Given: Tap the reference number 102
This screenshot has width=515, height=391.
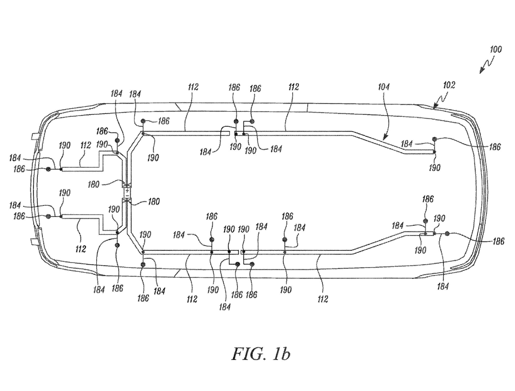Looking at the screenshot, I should click(449, 85).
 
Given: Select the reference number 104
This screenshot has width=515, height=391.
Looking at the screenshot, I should click(384, 87).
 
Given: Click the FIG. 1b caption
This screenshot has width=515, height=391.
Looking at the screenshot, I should click(261, 354).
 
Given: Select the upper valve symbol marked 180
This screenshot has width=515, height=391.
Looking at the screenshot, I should click(127, 184).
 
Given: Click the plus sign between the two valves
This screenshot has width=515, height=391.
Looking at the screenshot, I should click(127, 191).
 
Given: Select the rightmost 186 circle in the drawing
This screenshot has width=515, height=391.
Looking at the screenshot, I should click(447, 234).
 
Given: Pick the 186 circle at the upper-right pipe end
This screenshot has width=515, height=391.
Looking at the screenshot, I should click(435, 139).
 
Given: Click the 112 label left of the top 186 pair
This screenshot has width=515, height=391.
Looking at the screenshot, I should click(193, 87).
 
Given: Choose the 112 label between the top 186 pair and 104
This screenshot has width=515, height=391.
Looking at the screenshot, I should click(293, 87).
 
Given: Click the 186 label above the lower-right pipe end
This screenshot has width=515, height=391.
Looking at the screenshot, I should click(428, 199).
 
